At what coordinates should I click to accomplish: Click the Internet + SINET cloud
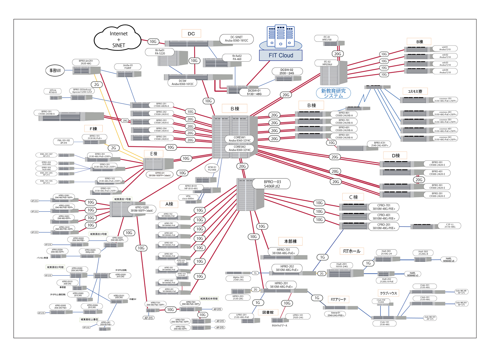point(118,39)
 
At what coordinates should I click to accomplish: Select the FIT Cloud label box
point(281,55)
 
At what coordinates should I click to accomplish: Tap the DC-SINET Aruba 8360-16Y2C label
point(236,39)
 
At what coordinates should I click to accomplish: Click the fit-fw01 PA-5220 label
point(160,52)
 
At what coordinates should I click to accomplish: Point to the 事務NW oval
point(55,70)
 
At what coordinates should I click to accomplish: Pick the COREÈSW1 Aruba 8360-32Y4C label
point(239,139)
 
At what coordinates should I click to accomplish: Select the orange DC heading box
point(191,33)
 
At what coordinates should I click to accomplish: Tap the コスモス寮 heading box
point(415,91)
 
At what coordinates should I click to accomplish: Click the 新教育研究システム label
point(333,93)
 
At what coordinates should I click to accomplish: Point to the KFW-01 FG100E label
point(212,168)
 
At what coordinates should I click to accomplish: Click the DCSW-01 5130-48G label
point(254,92)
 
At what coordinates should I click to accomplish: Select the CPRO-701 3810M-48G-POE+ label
point(384,207)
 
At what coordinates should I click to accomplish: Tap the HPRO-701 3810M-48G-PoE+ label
point(283,251)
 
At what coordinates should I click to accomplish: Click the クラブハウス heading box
point(388,293)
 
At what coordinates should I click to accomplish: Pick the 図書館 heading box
point(268,312)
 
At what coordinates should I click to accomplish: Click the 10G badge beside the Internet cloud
point(153,42)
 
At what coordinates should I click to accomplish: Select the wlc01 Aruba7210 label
point(445,48)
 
